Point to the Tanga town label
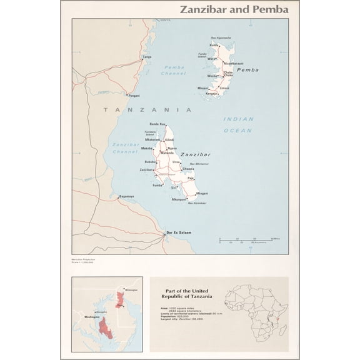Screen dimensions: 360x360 pyautogui.click(x=147, y=57)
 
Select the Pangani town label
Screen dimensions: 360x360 pyautogui.click(x=134, y=96)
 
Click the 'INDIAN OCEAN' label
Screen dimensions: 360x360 pyautogui.click(x=238, y=125)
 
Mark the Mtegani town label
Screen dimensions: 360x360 pyautogui.click(x=202, y=194)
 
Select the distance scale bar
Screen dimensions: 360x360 pyautogui.click(x=248, y=240)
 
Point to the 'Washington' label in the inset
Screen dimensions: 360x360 pyautogui.click(x=87, y=317)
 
